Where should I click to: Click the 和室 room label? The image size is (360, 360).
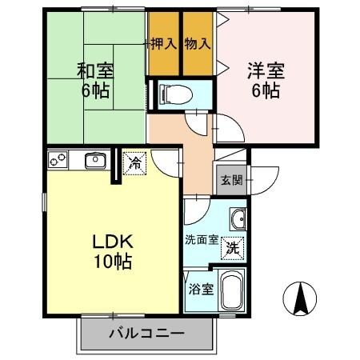(95, 69)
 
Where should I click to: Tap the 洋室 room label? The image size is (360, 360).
(262, 69)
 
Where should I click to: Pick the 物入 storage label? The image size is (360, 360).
(197, 42)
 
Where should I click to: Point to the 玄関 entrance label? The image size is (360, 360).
(232, 179)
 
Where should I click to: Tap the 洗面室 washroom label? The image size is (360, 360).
(202, 238)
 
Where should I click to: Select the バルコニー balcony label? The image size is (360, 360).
(146, 333)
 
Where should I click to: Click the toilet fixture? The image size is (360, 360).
(175, 93)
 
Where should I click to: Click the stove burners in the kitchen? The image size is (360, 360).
(58, 161)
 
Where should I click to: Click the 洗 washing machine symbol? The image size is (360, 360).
(232, 247)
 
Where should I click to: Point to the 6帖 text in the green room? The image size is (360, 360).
(95, 90)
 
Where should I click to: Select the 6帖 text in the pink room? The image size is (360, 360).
(262, 90)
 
